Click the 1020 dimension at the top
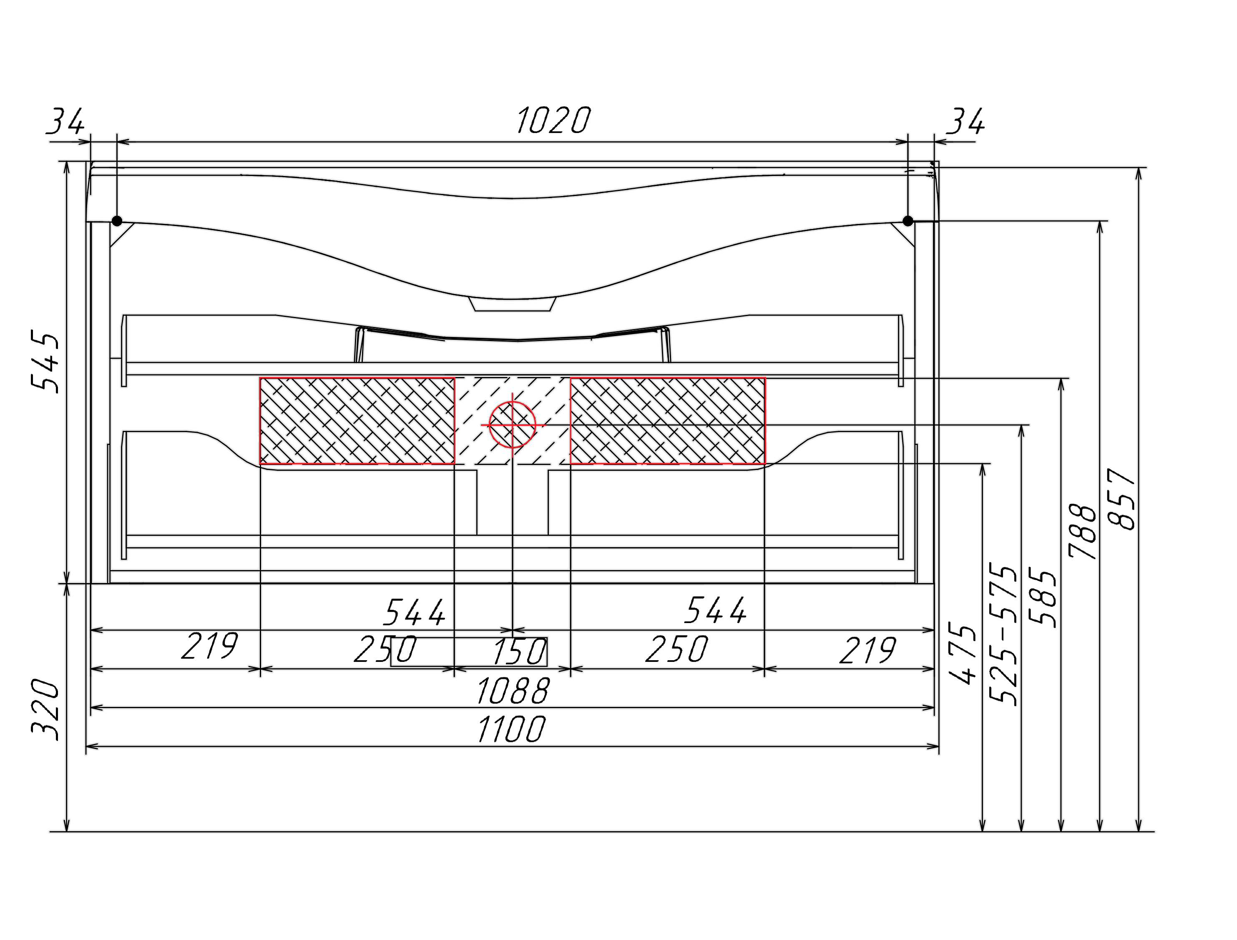click(x=553, y=120)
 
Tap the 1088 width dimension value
click(x=513, y=691)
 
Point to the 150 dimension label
click(x=519, y=652)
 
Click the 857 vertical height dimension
click(x=1122, y=499)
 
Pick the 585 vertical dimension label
click(x=1043, y=598)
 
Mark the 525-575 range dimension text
click(x=1003, y=634)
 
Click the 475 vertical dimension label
click(x=963, y=653)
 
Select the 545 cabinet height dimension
click(x=45, y=362)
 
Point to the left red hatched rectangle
click(x=357, y=421)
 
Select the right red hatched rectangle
click(x=667, y=421)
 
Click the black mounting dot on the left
click(x=117, y=221)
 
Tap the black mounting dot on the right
click(x=908, y=221)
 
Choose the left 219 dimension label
click(x=210, y=646)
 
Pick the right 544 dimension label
click(x=716, y=610)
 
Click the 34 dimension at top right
click(x=965, y=121)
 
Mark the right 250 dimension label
click(x=677, y=649)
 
